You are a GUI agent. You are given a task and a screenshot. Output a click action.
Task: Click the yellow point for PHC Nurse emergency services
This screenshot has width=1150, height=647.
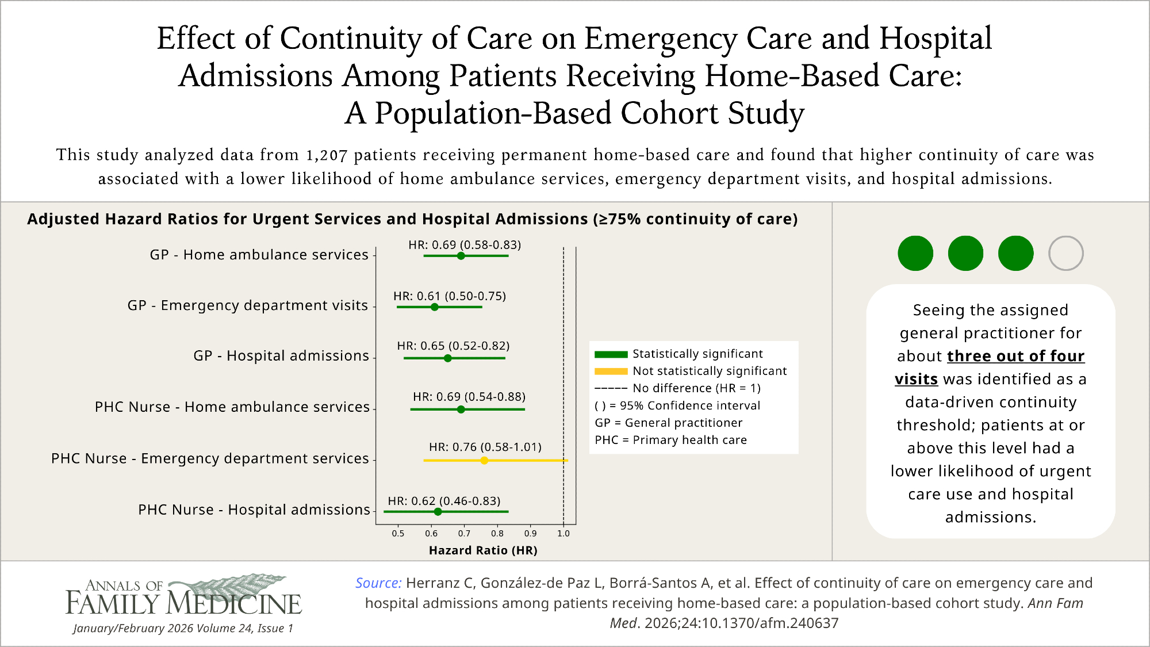coord(484,461)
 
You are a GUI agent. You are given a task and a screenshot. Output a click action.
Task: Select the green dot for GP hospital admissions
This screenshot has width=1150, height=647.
coord(448,358)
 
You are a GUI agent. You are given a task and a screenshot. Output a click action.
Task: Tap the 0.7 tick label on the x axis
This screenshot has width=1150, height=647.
coord(464,534)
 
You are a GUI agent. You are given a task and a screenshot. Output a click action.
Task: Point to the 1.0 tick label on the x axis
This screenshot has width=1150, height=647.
coord(563,534)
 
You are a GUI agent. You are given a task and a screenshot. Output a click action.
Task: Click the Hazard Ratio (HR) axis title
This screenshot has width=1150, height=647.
coord(483,550)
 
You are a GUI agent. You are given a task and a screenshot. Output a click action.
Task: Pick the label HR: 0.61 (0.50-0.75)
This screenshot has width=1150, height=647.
coord(450,296)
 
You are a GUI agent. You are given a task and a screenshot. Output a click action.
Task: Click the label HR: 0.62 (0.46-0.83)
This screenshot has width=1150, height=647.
coord(444,501)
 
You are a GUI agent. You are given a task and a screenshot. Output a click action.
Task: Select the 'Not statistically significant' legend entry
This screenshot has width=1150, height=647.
coord(710,371)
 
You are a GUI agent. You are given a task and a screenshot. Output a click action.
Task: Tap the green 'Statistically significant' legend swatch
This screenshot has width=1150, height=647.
coord(611,354)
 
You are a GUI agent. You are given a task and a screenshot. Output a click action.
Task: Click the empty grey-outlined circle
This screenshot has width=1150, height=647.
coord(1065,253)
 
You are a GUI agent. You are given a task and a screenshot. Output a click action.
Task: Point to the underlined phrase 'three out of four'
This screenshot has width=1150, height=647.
coord(1015,356)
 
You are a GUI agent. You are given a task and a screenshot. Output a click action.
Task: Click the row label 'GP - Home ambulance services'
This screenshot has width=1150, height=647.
coord(259,255)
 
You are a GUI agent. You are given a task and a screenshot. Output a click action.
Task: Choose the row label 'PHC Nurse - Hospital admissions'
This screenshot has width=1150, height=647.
coord(254,510)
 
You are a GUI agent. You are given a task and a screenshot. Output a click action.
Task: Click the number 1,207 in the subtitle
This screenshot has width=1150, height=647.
coord(327,155)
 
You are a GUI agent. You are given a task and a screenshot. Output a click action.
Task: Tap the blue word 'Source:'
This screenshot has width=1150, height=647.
coord(378,583)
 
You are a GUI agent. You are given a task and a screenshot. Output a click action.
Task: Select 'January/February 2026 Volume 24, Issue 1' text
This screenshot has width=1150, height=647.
coord(183,628)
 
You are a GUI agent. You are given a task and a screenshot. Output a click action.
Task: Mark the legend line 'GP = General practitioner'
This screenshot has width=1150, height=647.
coord(668,423)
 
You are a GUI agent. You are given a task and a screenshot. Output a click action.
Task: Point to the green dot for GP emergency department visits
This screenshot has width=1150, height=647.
coord(435,307)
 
